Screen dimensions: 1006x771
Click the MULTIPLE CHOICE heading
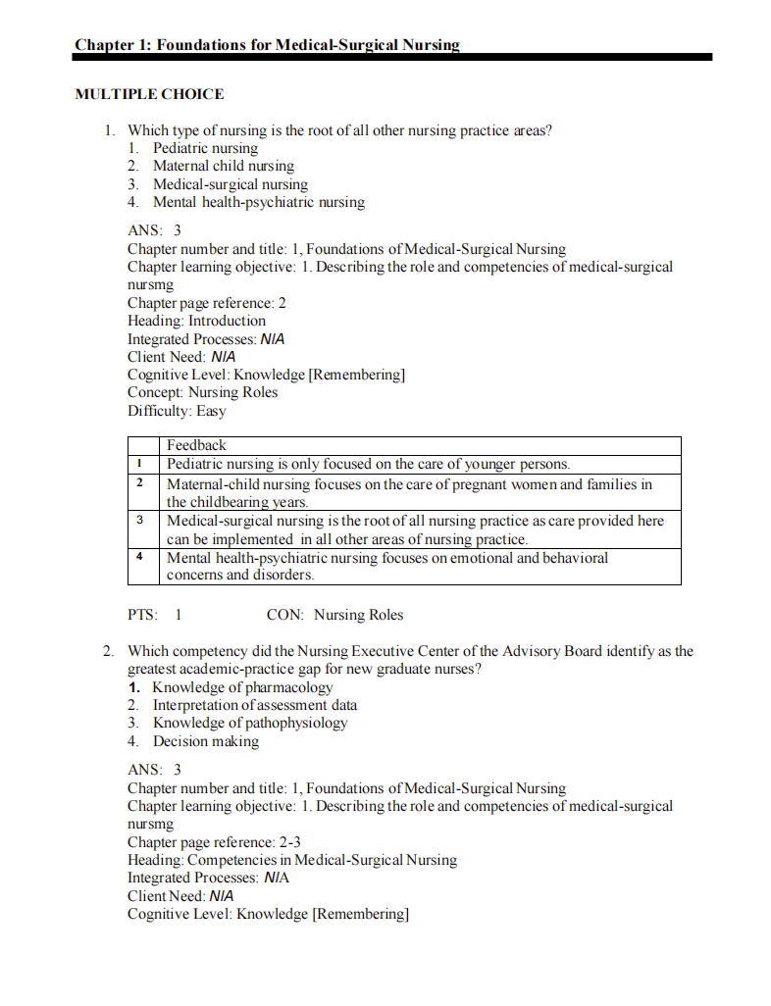pos(149,94)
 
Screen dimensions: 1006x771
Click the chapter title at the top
pos(267,44)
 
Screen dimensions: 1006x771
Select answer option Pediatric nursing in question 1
pos(205,148)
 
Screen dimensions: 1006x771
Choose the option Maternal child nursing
pos(223,166)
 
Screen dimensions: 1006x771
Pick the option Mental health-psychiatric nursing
pos(258,202)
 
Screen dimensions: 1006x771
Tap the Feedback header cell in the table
pos(196,445)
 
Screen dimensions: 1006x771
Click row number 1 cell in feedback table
pos(141,464)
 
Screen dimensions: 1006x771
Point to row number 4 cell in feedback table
pos(141,557)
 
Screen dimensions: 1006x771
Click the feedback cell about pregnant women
pos(409,492)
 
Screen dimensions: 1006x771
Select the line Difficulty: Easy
pos(177,411)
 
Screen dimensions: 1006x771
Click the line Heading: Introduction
pos(196,321)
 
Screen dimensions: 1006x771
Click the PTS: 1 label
pos(155,615)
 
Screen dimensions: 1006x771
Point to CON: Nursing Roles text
pos(334,615)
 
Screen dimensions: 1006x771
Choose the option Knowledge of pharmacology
pos(242,687)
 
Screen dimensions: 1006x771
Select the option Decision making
pos(206,741)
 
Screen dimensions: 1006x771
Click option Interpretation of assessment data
pos(254,705)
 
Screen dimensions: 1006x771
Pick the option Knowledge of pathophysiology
pos(249,723)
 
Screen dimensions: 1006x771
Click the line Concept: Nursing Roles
pos(202,392)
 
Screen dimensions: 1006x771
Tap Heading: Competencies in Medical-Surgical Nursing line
pos(292,860)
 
